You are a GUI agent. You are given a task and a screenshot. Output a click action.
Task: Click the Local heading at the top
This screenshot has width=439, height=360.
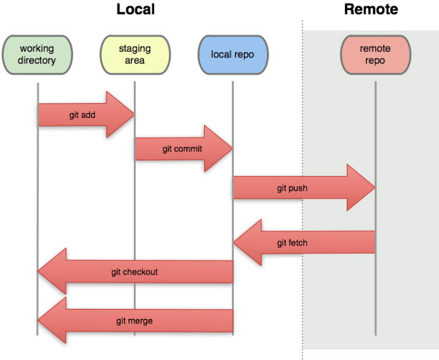(x=135, y=9)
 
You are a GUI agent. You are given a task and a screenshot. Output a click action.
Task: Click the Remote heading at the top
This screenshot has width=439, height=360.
(x=370, y=9)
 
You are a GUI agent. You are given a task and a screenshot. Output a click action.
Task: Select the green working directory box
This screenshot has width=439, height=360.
(x=37, y=54)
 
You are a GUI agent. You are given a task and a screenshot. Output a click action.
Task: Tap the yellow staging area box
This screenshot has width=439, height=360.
(x=135, y=54)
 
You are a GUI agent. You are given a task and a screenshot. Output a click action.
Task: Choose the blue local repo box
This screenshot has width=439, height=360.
(x=232, y=54)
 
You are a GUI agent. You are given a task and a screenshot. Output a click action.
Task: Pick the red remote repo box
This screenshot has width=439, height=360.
(x=375, y=54)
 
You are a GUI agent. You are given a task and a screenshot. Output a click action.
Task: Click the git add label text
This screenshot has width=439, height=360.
(x=82, y=116)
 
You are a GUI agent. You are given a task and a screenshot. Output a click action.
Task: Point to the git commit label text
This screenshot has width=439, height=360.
(x=182, y=149)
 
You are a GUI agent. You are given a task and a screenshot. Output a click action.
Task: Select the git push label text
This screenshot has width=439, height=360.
(x=292, y=188)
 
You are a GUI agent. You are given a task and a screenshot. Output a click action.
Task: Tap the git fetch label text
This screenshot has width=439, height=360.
(x=292, y=243)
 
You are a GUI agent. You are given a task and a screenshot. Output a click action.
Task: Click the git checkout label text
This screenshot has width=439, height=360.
(x=134, y=272)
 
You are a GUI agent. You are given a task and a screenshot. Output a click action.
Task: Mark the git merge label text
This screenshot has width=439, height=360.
(x=134, y=321)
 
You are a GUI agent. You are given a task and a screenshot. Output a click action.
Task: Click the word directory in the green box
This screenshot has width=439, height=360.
(x=37, y=61)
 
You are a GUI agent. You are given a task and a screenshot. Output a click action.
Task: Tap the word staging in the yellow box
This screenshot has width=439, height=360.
(x=135, y=48)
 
